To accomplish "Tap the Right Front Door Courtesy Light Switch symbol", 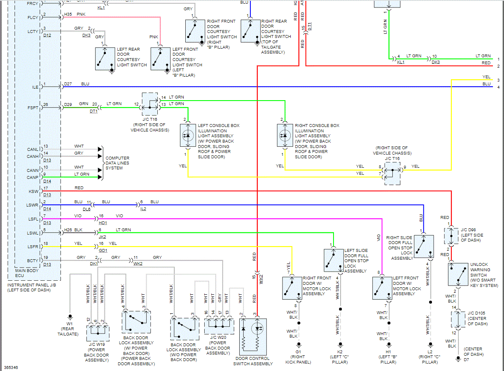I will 195,31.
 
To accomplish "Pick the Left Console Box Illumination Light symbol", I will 188,135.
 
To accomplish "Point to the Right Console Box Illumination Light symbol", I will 285,135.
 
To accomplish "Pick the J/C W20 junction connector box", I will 217,326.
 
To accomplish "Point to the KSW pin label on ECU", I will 33,191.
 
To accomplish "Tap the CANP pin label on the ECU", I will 33,177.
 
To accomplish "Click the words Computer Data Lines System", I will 117,163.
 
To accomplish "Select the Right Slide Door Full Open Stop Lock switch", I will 424,246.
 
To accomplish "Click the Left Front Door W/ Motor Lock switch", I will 382,288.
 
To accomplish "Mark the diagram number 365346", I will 10,367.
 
